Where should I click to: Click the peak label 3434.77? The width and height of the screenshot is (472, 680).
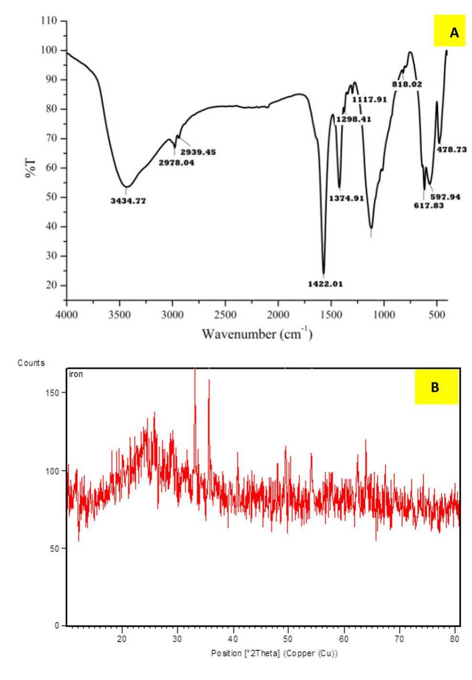tap(128, 201)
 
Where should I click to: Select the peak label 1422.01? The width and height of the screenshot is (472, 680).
tap(326, 284)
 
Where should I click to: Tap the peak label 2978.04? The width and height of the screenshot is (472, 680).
tap(176, 163)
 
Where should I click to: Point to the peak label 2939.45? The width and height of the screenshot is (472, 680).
tap(198, 152)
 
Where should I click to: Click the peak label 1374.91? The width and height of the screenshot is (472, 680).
tap(347, 198)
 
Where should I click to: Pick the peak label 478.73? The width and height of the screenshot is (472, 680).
tap(451, 150)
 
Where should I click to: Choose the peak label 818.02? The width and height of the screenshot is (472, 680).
tap(407, 84)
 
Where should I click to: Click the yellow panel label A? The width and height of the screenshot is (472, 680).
tap(454, 33)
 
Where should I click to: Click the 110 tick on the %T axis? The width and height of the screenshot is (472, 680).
tap(48, 21)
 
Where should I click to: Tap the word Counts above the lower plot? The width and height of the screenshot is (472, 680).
tap(31, 363)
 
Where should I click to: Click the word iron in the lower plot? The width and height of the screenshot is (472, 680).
tap(76, 374)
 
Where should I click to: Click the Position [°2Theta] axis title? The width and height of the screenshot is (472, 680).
tap(274, 653)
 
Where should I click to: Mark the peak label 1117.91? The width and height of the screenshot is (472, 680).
tap(369, 100)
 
